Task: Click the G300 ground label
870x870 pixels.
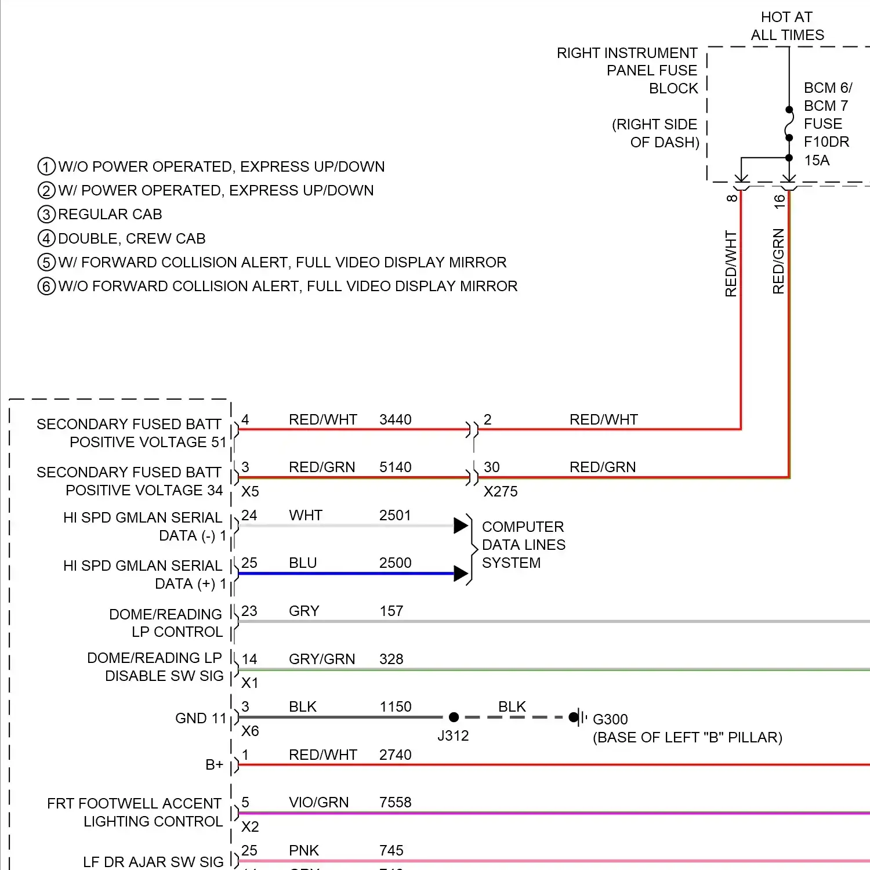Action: pos(610,719)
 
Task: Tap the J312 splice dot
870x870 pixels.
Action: pos(454,717)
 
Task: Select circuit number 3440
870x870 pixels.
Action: pos(395,419)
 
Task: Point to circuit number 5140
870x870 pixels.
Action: pos(395,467)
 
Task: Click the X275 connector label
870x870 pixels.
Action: pos(501,491)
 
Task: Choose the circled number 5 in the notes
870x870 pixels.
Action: pos(46,262)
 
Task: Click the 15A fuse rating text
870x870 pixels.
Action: pos(817,160)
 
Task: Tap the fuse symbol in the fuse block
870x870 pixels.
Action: pos(789,124)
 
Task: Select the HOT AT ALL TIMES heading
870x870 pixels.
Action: pos(787,26)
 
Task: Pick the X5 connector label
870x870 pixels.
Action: pos(250,491)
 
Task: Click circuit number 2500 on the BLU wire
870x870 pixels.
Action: pos(395,563)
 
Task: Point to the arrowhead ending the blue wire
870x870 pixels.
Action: pos(461,574)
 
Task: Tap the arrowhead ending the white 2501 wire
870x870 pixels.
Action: pos(461,525)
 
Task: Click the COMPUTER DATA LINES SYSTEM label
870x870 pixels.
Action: pos(523,545)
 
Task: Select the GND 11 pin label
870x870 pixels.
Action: pos(201,718)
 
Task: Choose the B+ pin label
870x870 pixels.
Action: pos(214,764)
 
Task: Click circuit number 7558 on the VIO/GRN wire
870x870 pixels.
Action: pos(395,802)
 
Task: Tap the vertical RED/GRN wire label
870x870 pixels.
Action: pos(778,261)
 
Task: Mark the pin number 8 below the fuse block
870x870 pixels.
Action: pos(732,198)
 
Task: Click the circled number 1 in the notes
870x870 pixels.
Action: pos(46,167)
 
